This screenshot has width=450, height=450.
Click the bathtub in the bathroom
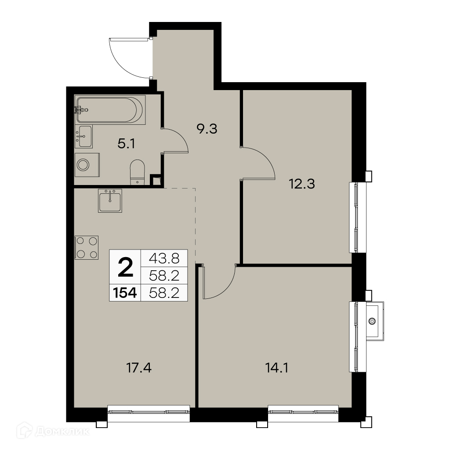110,110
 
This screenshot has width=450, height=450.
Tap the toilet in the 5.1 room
137,172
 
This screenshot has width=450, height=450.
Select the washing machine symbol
87,165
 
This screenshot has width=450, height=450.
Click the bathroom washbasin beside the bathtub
83,137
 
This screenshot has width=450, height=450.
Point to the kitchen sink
110,200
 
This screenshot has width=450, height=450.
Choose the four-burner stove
87,248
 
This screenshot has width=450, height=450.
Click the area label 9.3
207,129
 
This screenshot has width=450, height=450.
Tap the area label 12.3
302,184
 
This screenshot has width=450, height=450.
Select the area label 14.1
277,368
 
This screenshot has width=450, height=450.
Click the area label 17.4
139,368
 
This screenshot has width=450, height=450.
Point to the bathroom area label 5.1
126,144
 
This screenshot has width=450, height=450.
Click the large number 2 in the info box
125,267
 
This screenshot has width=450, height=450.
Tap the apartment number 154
125,293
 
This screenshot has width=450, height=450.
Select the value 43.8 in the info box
164,258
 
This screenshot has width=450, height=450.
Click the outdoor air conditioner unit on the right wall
375,321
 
